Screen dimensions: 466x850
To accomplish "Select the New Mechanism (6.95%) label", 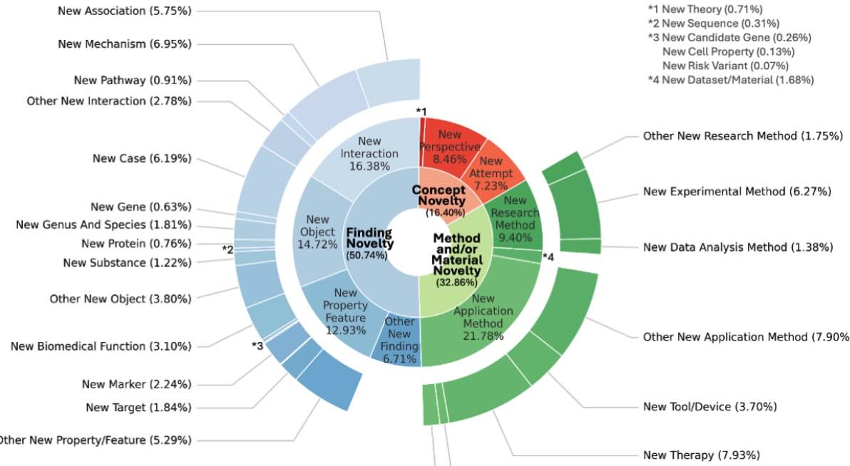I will (x=125, y=44).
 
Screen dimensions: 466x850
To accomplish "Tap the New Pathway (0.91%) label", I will (x=133, y=80).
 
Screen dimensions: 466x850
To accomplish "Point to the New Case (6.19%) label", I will (x=142, y=158).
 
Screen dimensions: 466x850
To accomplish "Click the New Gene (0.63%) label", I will (x=141, y=207).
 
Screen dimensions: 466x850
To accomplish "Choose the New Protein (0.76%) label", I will (x=136, y=244).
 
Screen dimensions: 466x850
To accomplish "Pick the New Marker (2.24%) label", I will (x=136, y=384).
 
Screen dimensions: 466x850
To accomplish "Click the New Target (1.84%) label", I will (x=138, y=408).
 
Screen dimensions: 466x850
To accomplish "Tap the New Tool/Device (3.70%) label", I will (x=710, y=407).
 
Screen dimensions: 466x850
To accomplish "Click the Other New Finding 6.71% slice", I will (x=399, y=339).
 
